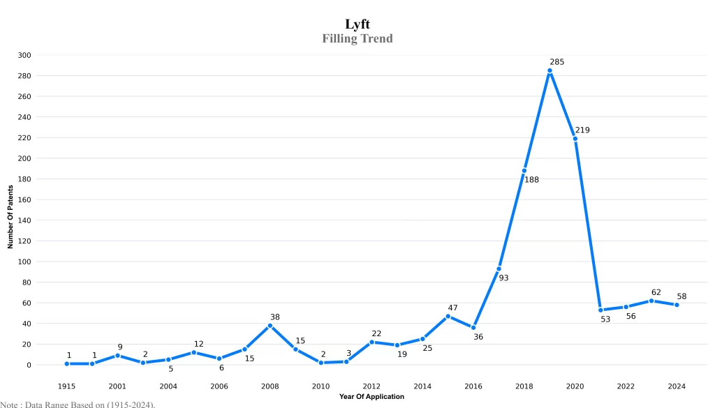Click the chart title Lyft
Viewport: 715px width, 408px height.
tap(357, 24)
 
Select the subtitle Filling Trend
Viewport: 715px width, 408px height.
tap(357, 38)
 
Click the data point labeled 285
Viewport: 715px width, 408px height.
tap(550, 70)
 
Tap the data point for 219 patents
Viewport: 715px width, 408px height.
tap(575, 139)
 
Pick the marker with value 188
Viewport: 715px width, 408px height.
tap(524, 171)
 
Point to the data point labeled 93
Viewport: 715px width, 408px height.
tap(499, 269)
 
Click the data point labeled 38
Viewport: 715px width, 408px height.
tap(270, 326)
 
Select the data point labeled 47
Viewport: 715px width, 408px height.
tap(448, 316)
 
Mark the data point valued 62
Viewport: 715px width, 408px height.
tap(651, 301)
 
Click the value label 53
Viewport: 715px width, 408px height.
tap(605, 319)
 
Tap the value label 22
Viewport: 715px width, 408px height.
tap(376, 333)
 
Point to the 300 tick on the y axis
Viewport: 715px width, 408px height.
tap(24, 55)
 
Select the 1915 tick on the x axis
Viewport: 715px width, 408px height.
tap(66, 386)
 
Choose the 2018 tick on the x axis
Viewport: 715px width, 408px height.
tap(524, 386)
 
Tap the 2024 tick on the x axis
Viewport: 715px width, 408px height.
tap(676, 386)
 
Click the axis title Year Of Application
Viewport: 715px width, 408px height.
tap(371, 397)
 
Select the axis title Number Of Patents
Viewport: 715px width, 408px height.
tap(10, 217)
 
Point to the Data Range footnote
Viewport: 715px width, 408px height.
tap(78, 404)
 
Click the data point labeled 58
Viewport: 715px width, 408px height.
tap(676, 305)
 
